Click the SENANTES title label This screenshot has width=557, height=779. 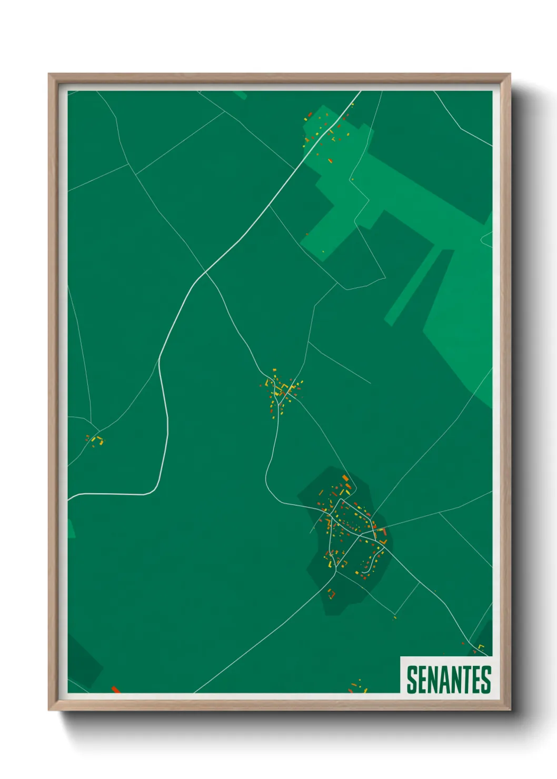[x=449, y=679]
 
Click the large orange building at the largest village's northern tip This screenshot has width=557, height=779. [x=345, y=478]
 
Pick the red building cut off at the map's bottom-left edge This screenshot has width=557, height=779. [x=115, y=690]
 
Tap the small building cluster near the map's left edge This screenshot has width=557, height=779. [x=95, y=440]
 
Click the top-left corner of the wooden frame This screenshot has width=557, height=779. [x=49, y=75]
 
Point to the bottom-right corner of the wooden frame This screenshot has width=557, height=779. [x=510, y=710]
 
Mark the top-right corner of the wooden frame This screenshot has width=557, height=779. [x=510, y=75]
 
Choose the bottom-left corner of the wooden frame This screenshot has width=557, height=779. [x=49, y=710]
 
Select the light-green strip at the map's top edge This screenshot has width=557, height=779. [x=240, y=95]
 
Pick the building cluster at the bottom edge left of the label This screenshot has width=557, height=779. [x=358, y=687]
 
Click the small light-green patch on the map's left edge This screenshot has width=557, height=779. [x=71, y=529]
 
